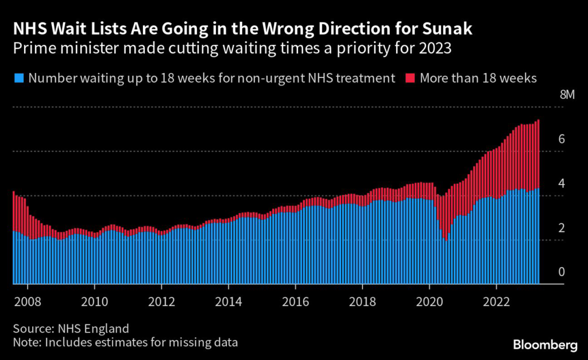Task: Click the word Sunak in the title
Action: (452, 29)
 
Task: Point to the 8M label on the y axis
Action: (566, 95)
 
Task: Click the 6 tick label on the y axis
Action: (562, 139)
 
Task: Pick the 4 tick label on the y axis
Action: (562, 183)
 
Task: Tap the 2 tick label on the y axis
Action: (562, 228)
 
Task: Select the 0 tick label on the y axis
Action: (562, 272)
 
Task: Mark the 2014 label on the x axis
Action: (229, 301)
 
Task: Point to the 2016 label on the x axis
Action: (296, 301)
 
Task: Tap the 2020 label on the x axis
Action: (430, 301)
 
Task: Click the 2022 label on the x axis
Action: (497, 301)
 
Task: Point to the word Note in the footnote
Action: (24, 343)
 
